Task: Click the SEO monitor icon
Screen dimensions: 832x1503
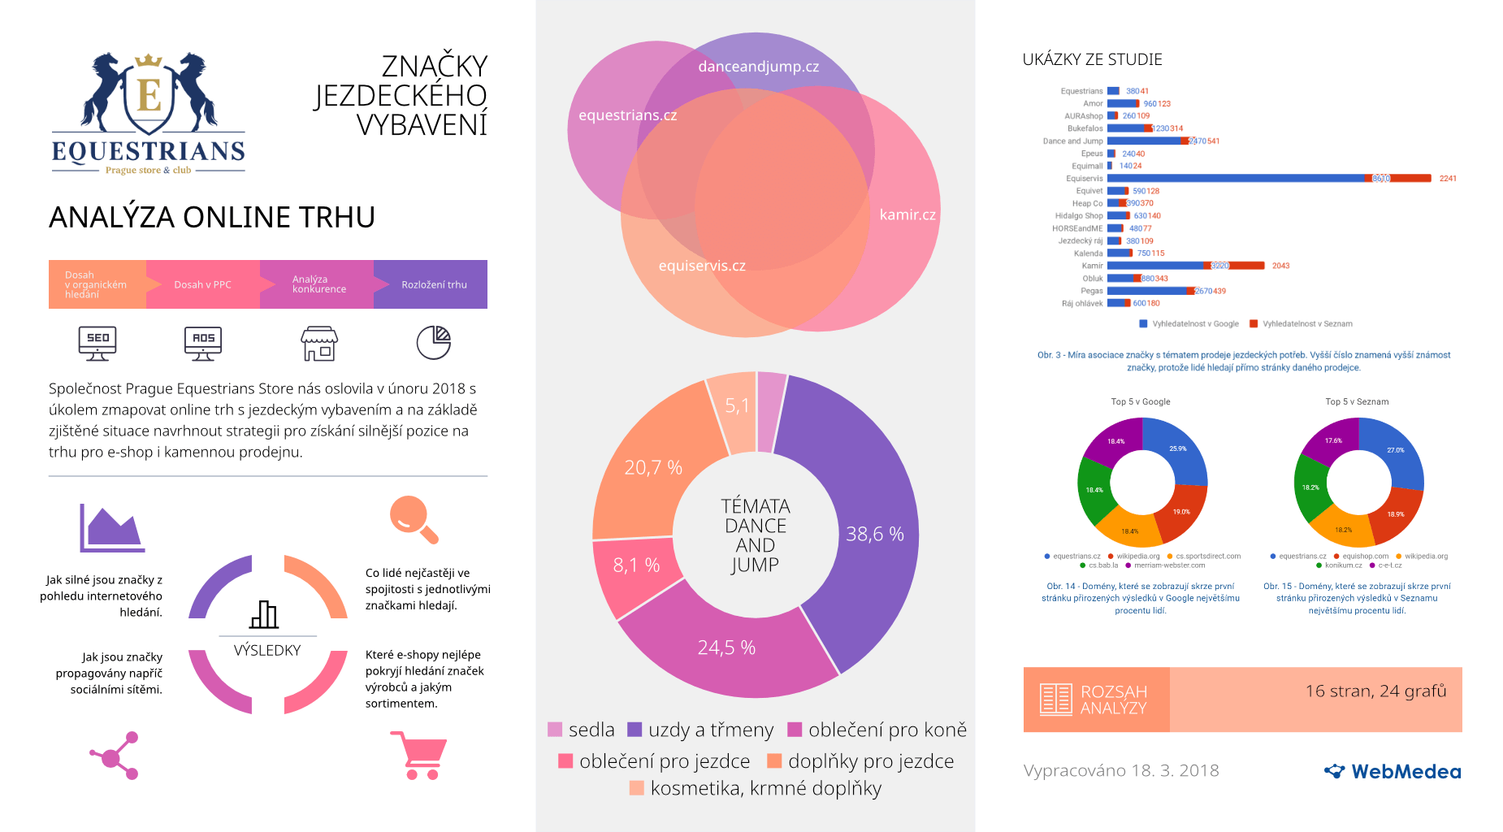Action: coord(97,343)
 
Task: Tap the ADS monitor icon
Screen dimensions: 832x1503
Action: coord(203,343)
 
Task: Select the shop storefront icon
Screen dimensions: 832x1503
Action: coord(319,344)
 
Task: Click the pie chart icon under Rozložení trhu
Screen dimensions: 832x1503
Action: coord(434,342)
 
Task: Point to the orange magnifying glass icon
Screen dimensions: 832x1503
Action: coord(414,518)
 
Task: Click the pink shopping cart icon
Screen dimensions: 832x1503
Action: coord(419,755)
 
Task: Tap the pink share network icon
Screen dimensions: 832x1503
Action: coord(115,756)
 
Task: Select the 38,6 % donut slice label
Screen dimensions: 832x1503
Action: coord(874,534)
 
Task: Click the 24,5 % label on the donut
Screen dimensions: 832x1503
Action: coord(726,648)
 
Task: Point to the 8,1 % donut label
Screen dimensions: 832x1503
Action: coord(636,565)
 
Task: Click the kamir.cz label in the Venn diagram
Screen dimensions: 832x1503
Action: coord(907,214)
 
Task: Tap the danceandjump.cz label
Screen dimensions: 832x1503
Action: coord(758,67)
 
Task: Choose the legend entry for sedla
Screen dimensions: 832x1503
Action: coord(582,730)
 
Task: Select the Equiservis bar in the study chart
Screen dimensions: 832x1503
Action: coord(1267,178)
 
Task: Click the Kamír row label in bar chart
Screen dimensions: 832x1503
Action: coord(1092,266)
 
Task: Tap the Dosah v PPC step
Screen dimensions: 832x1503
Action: coord(203,284)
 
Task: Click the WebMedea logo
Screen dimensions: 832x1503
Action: coord(1393,771)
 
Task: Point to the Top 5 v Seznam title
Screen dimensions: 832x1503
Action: coord(1357,401)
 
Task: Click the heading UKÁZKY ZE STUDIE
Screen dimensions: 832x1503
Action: coord(1092,59)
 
